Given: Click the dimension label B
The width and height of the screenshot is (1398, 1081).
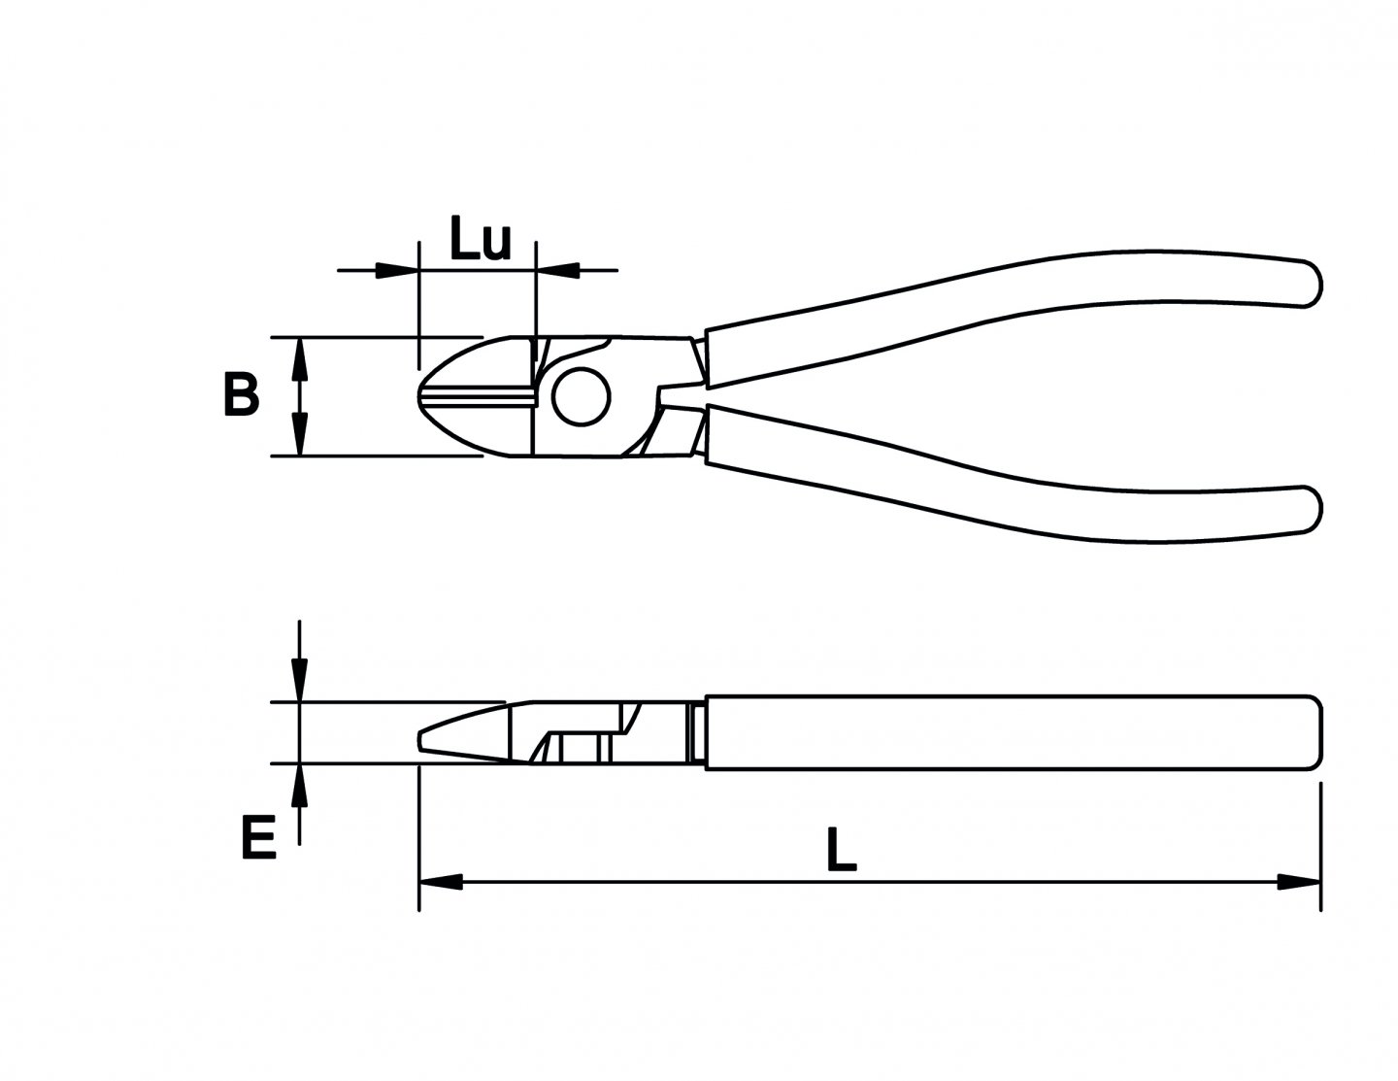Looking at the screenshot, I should [241, 395].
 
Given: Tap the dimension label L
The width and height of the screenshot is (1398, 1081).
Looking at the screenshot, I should [841, 850].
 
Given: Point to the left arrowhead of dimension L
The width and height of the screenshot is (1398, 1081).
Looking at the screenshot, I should [440, 882].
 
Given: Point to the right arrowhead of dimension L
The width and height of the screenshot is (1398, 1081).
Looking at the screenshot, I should [1298, 882].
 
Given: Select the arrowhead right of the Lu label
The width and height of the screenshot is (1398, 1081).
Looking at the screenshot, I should [557, 269].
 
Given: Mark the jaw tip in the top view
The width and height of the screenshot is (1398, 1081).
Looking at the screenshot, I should [423, 396].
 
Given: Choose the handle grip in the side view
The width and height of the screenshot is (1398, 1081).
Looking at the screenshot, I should [1010, 733].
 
